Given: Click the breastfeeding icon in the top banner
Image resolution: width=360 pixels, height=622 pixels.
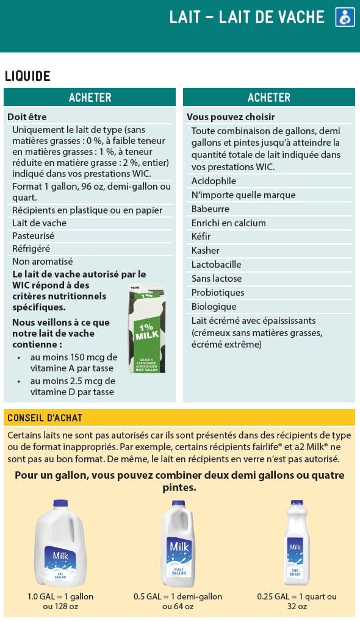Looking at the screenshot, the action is (345, 18).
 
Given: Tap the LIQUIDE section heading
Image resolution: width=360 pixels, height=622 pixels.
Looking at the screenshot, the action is (27, 76).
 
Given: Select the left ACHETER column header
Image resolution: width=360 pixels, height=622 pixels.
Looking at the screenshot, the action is (90, 98).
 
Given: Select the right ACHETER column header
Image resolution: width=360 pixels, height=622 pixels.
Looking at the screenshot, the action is (268, 98).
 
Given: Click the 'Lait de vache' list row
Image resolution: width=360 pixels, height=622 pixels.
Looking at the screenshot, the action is (40, 223).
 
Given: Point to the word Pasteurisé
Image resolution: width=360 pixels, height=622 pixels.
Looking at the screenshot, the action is (34, 236).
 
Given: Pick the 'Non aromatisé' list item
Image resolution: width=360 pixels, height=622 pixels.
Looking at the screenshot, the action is (43, 262).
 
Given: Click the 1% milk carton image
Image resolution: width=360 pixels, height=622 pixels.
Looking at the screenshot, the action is (146, 329).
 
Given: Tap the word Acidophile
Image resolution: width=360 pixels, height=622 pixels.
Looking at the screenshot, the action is (214, 181).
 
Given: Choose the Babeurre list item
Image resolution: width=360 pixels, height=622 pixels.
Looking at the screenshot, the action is (211, 209).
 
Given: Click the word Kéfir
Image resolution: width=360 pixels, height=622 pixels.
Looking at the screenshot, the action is (201, 237).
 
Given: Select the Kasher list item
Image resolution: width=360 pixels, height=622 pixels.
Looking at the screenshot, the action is (206, 251).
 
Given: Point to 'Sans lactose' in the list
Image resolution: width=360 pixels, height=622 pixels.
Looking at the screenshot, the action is (217, 279).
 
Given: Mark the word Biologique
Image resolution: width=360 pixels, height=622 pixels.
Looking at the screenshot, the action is (214, 307).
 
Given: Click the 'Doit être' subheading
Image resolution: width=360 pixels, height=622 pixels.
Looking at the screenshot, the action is (27, 117).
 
